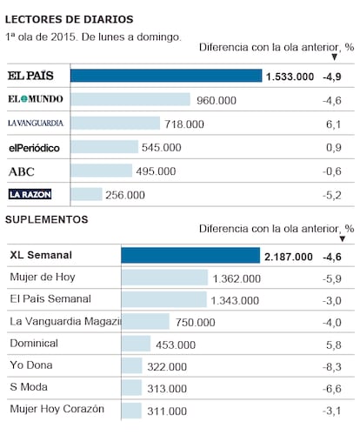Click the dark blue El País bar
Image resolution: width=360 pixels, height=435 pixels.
(x=166, y=76)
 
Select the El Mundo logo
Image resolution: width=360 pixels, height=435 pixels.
(x=36, y=99)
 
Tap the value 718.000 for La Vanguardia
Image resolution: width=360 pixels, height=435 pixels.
(x=184, y=124)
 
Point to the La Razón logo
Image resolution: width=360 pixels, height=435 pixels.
(x=30, y=194)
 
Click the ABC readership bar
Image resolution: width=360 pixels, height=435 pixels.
(x=101, y=171)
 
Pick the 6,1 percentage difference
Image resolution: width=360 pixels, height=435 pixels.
(x=334, y=124)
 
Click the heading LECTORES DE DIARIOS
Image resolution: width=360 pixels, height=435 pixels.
(x=70, y=19)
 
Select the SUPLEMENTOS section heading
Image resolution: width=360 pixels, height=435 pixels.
(x=47, y=219)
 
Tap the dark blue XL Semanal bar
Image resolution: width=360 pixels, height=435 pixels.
(x=190, y=256)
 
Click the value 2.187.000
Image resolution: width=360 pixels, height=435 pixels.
(x=289, y=257)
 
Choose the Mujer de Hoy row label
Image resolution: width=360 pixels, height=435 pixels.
(x=43, y=277)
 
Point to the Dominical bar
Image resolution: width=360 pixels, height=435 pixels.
(x=137, y=344)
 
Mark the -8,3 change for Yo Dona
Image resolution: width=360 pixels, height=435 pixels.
(x=332, y=367)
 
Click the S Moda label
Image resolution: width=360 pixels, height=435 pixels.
(x=29, y=387)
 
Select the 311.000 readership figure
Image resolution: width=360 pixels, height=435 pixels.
(x=167, y=412)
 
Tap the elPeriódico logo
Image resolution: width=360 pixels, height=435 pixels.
(x=34, y=148)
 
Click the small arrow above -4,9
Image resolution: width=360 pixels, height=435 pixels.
(x=334, y=57)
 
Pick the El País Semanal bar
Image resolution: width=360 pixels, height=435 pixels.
(x=164, y=299)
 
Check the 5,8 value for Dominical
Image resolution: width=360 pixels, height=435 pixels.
(x=334, y=345)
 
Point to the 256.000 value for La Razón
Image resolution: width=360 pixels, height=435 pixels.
(x=125, y=195)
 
